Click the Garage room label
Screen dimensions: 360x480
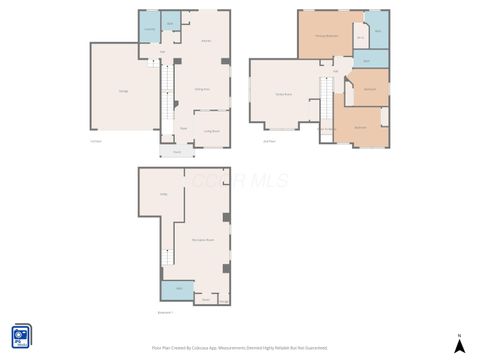point(123,92)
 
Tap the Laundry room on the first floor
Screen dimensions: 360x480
point(149,30)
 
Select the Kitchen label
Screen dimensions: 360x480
point(206,41)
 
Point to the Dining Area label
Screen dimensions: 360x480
point(200,90)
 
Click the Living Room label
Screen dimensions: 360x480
point(212,131)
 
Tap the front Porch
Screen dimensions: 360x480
point(176,152)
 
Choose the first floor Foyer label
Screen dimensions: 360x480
point(184,128)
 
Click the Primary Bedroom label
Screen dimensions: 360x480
point(326,35)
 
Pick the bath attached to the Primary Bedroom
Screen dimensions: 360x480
point(378,31)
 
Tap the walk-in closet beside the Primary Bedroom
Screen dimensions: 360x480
point(360,38)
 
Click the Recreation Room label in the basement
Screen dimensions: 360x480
point(203,239)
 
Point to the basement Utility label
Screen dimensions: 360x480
point(162,195)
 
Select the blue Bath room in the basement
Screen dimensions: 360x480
point(179,289)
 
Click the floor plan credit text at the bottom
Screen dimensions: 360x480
point(239,347)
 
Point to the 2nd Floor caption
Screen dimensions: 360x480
point(269,141)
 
